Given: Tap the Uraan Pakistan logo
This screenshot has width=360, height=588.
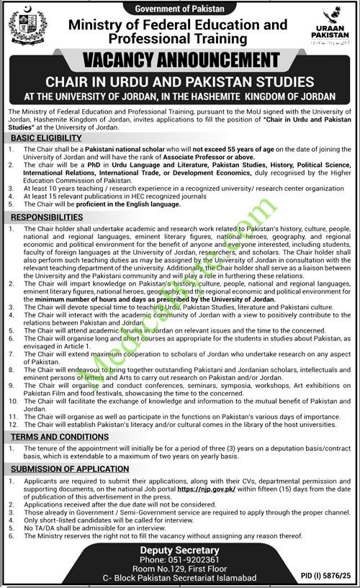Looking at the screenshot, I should click(x=331, y=28).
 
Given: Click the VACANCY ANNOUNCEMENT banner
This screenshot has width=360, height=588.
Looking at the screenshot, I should click(x=180, y=60).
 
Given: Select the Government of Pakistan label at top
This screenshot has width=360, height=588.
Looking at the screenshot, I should click(x=180, y=6).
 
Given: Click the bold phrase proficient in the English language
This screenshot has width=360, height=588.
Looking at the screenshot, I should click(x=125, y=203).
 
